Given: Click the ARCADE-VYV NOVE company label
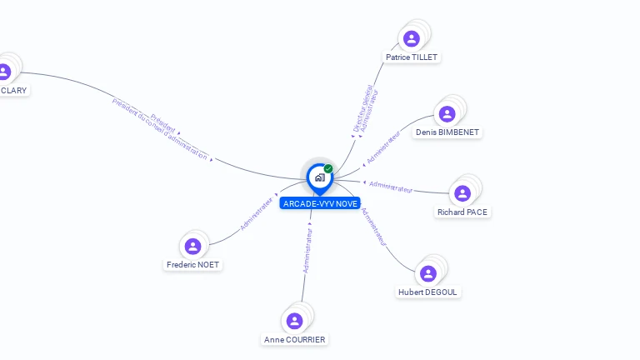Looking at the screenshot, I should click(x=320, y=203).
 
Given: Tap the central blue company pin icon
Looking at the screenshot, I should click(x=319, y=177).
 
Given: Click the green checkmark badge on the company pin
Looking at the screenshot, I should click(x=328, y=168).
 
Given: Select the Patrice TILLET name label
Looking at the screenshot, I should click(x=412, y=57).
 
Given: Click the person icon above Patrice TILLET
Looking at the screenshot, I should click(x=411, y=38).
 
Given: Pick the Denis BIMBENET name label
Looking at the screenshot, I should click(x=448, y=132).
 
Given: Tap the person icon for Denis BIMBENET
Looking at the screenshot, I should click(x=447, y=114).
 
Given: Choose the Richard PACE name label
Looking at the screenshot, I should click(x=462, y=212).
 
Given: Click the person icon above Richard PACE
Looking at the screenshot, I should click(x=462, y=193).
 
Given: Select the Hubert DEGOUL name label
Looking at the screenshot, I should click(x=428, y=292).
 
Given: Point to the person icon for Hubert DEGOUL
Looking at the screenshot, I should click(x=428, y=273).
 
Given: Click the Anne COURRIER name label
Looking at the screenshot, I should click(x=295, y=340).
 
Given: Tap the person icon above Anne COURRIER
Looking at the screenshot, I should click(x=294, y=321).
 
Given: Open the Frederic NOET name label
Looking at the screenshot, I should click(x=193, y=265).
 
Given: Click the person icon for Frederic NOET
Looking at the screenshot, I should click(x=192, y=246).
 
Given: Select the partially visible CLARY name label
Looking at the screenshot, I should click(x=13, y=90).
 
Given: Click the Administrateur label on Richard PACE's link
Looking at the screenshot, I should click(x=391, y=187).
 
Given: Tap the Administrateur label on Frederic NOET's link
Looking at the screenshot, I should click(x=257, y=212).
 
